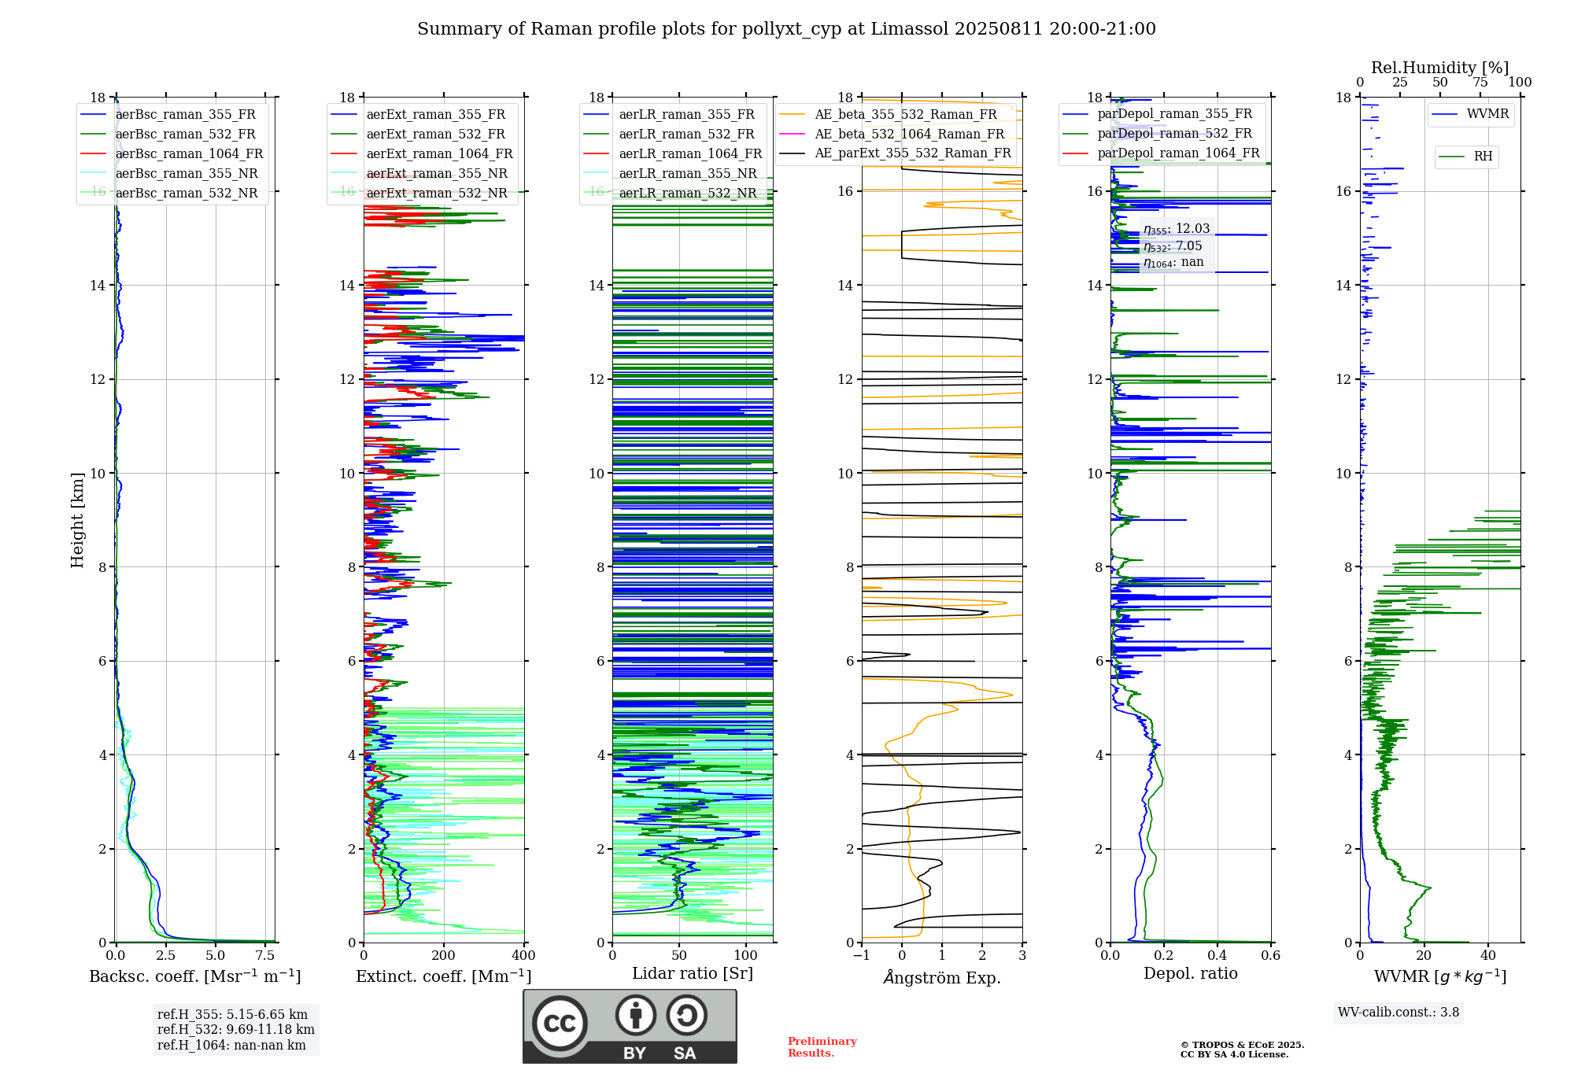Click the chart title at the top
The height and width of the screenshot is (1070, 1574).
(x=786, y=29)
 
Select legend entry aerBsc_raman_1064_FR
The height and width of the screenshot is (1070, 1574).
(x=189, y=154)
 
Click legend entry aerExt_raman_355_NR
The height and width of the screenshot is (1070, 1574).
(x=437, y=174)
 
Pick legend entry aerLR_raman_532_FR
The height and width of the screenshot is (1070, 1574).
(x=686, y=135)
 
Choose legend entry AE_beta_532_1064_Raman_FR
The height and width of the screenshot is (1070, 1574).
(x=909, y=135)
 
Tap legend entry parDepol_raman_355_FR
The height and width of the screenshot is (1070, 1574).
(x=1174, y=114)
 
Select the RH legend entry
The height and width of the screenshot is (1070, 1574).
(x=1483, y=157)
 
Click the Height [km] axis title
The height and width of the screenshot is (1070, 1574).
(x=77, y=519)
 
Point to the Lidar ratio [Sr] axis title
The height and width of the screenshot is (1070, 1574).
(x=693, y=973)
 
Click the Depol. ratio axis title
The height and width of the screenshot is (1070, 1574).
(x=1190, y=973)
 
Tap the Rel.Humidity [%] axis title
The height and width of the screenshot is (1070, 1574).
(x=1439, y=68)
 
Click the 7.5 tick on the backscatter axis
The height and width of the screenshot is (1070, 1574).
(x=265, y=956)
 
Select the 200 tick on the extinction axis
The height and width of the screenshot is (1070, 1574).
(x=444, y=956)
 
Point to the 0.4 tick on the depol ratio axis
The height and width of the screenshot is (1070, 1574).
(x=1217, y=956)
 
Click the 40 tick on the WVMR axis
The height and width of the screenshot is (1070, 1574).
(x=1488, y=956)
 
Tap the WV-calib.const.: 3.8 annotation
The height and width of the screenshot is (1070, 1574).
(x=1398, y=1013)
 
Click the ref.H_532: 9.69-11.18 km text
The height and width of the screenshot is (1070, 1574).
(x=235, y=1030)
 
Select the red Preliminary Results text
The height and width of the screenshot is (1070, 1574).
(x=822, y=1047)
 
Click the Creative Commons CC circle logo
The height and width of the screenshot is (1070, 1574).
(x=560, y=1024)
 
